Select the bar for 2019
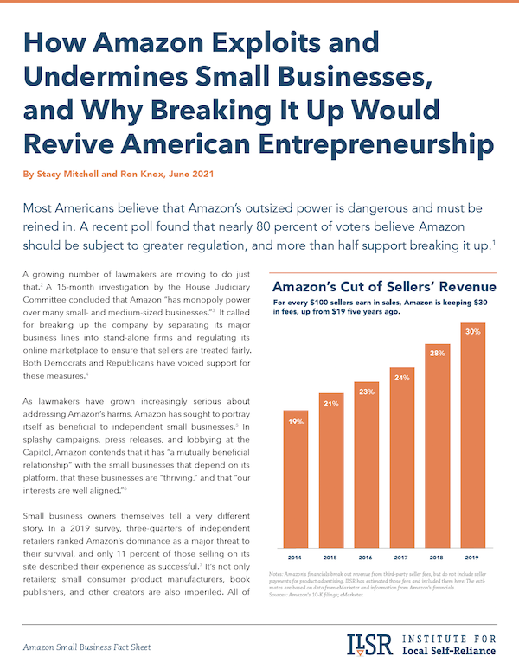(471, 436)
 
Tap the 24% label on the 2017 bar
(401, 377)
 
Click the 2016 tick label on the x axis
(367, 557)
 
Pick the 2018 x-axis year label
(437, 557)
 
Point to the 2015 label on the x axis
(331, 557)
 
